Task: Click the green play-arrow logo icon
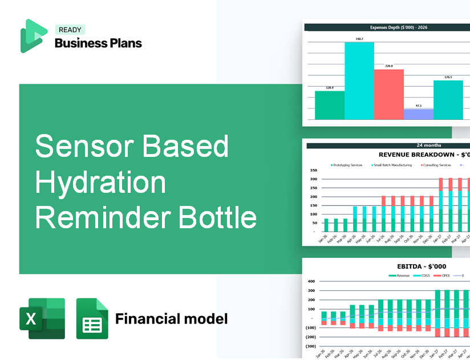[x=33, y=36]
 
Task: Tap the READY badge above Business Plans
[x=70, y=30]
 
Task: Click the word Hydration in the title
[x=100, y=183]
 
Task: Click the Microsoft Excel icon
[x=42, y=318]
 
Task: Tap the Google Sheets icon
[x=92, y=318]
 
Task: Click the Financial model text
[x=171, y=318]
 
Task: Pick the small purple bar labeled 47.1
[x=418, y=114]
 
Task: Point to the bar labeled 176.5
[x=448, y=100]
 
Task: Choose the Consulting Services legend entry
[x=437, y=165]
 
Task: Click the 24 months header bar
[x=388, y=145]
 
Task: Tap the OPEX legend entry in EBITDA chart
[x=445, y=275]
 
